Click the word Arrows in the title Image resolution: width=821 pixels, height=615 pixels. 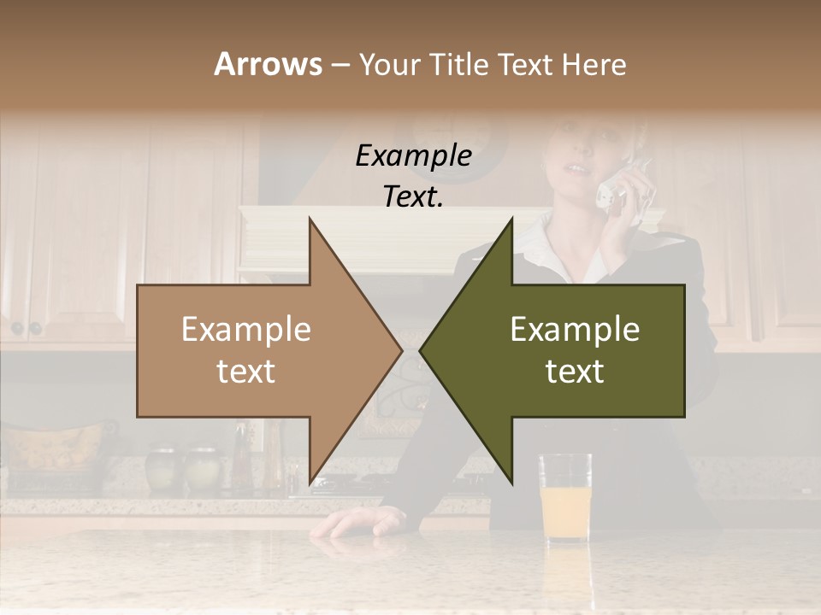(x=268, y=64)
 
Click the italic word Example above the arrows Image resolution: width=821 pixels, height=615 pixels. (x=414, y=156)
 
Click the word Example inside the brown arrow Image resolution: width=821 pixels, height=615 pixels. (x=246, y=330)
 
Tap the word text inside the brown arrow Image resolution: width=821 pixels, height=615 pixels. (x=246, y=372)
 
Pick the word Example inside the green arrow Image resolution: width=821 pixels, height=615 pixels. (x=575, y=330)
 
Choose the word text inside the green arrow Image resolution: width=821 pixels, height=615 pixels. (x=575, y=372)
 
